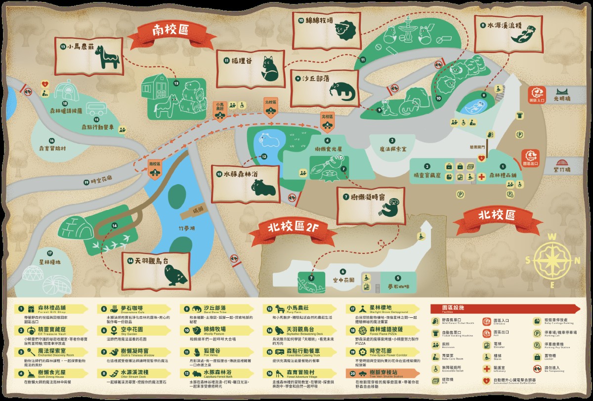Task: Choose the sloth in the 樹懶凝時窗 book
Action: point(394,206)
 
